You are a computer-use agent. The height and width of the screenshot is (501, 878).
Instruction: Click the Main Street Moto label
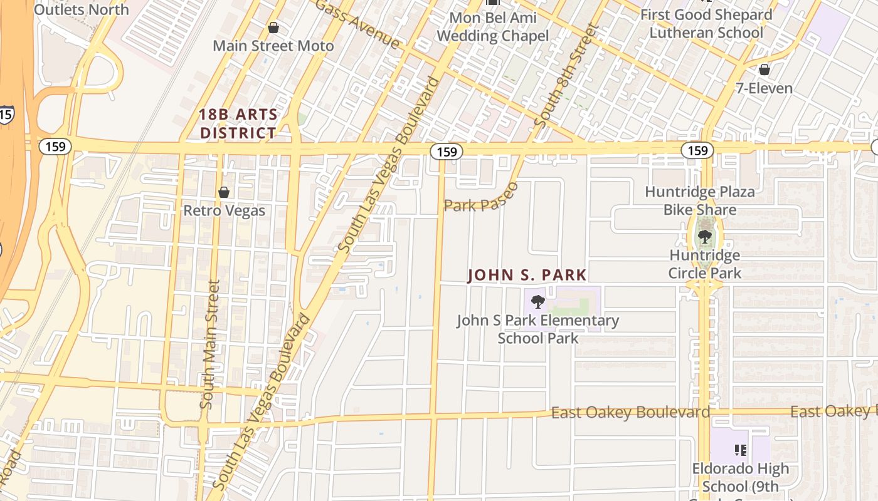(273, 46)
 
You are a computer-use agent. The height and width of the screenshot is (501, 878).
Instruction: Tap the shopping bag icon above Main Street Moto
(273, 28)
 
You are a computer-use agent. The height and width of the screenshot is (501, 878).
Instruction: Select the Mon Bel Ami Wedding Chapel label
(492, 26)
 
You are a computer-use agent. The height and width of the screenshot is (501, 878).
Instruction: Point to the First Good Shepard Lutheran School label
(706, 23)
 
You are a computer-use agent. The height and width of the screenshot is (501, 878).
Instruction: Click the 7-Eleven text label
(764, 88)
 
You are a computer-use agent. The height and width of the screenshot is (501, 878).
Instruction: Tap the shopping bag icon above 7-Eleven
(764, 69)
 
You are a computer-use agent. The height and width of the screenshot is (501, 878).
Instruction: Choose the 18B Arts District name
(238, 123)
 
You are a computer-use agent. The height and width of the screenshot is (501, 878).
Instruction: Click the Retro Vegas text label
(224, 211)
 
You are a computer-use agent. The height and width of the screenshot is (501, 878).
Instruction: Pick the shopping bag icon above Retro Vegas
(224, 192)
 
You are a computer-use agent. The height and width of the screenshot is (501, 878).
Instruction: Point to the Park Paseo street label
(482, 198)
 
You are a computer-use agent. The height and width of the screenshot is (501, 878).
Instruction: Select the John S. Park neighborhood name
(527, 275)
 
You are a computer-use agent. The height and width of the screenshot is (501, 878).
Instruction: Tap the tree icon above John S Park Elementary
(537, 302)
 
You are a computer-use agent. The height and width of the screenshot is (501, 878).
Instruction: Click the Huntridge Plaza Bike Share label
(699, 200)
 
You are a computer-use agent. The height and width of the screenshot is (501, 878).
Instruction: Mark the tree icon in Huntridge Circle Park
(705, 236)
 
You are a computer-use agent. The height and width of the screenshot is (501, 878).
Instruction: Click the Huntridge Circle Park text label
(704, 264)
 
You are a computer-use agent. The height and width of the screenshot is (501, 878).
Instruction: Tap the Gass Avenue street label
(357, 24)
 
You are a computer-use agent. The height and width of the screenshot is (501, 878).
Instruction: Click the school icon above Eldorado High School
(741, 450)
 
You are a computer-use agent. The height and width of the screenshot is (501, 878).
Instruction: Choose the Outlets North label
(81, 9)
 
